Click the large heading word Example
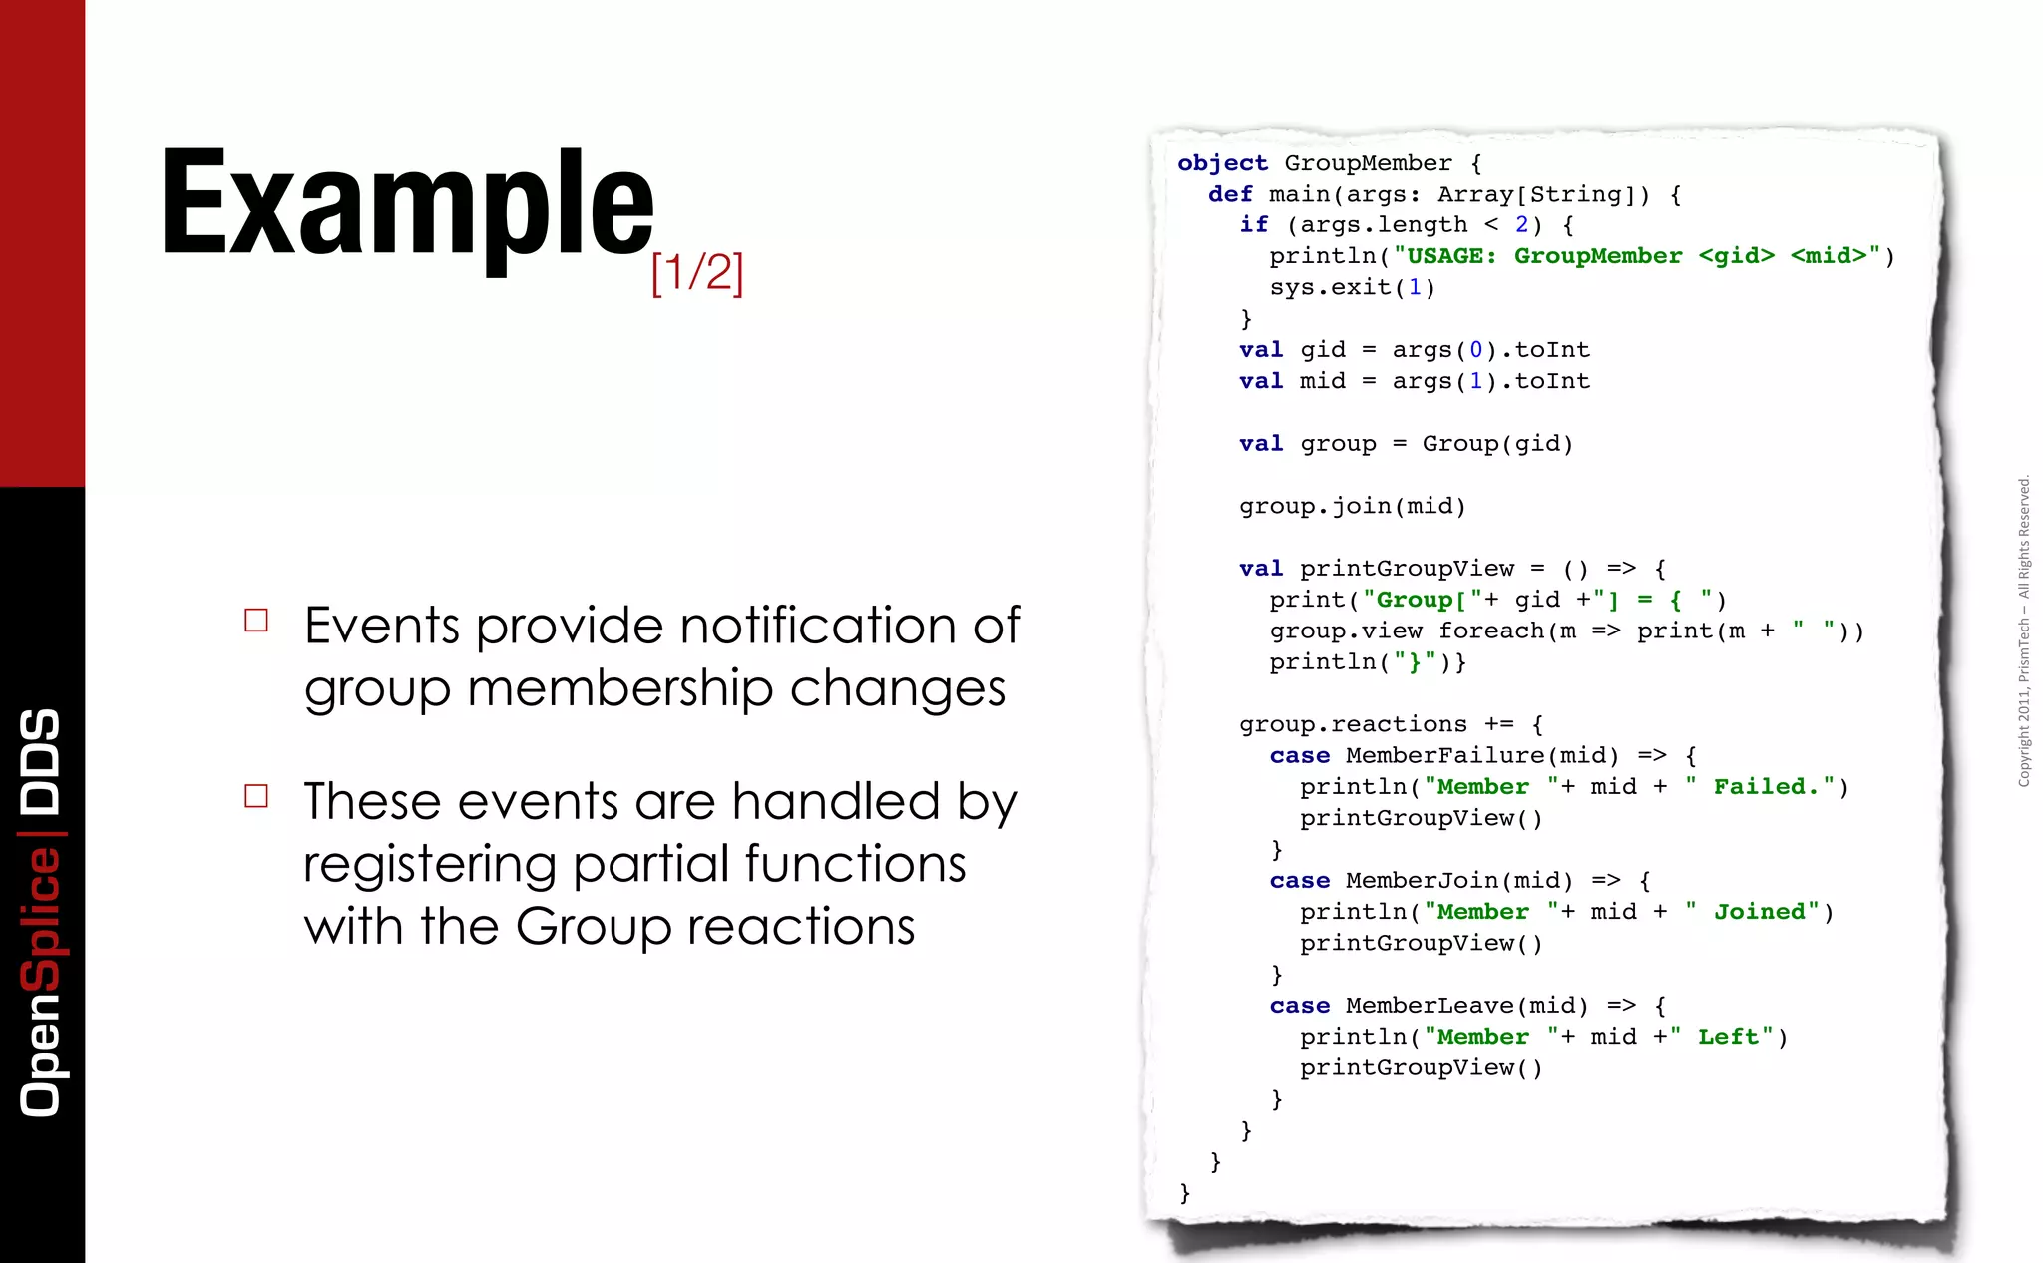click(407, 205)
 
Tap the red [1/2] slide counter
click(697, 272)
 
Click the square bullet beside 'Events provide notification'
click(256, 621)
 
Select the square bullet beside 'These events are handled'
click(256, 795)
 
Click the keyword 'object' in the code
click(1222, 163)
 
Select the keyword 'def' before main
click(1230, 194)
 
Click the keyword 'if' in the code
click(1254, 225)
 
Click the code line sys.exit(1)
click(1352, 288)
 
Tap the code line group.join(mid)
click(1352, 507)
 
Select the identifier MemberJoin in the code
click(1422, 881)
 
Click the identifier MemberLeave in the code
click(1429, 1006)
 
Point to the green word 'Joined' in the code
click(1760, 912)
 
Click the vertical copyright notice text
click(2024, 631)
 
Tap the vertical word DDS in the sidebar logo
click(41, 761)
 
